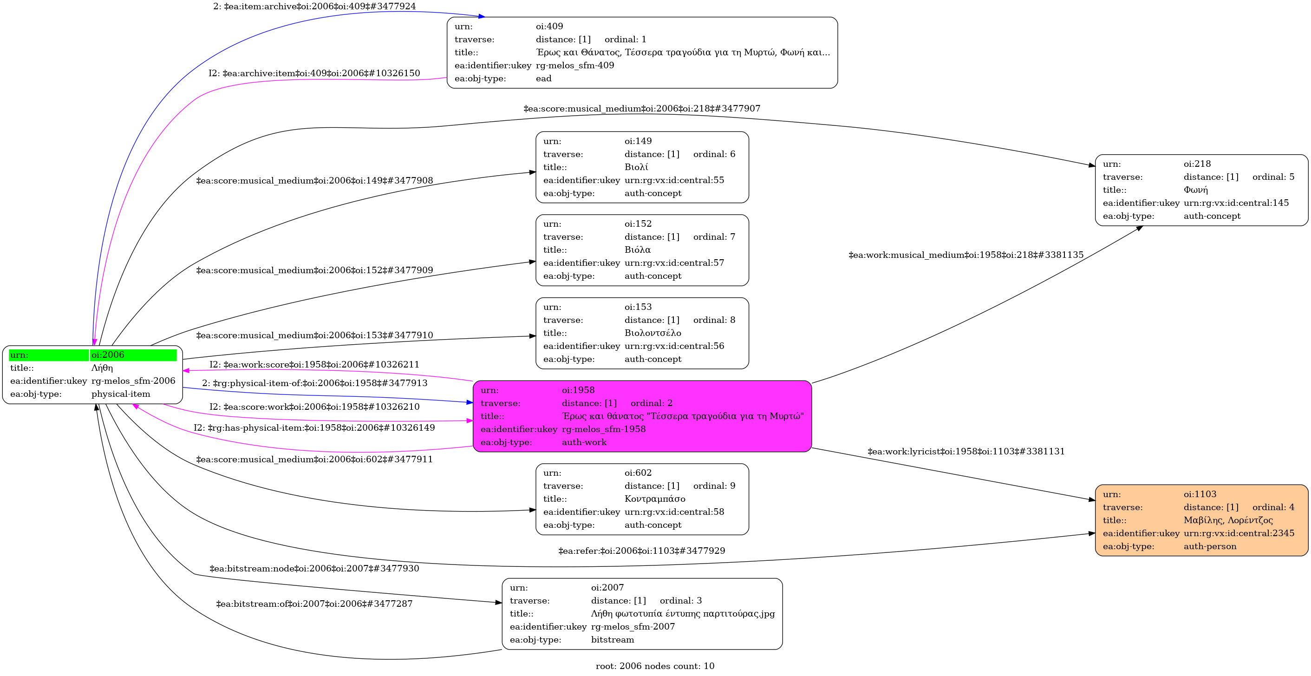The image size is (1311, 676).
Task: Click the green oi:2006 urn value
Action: coord(108,355)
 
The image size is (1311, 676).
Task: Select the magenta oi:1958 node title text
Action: coord(683,416)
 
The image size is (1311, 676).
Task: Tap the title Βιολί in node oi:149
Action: coord(636,167)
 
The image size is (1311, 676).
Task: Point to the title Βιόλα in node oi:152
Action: coord(637,250)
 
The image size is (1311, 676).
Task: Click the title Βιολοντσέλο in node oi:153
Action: coord(652,333)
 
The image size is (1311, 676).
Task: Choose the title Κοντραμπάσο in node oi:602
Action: coord(654,499)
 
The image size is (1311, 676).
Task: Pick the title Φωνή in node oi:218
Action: coord(1195,190)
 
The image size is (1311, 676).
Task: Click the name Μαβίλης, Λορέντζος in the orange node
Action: coord(1227,520)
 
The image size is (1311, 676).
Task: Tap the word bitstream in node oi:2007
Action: coord(612,640)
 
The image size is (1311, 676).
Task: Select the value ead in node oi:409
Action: coord(543,79)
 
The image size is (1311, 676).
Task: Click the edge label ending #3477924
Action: coord(314,7)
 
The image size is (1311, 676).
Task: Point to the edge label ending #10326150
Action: coord(314,73)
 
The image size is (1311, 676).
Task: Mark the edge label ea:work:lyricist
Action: coord(965,452)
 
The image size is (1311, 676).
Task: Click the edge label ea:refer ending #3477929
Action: coord(641,551)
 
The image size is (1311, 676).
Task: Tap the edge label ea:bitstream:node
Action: coord(314,569)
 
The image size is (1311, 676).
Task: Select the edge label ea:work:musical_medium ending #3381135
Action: coord(965,255)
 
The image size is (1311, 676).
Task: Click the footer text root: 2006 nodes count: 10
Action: coord(655,666)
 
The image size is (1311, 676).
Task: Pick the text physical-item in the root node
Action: coord(121,394)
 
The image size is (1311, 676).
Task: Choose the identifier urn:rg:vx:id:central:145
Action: coord(1236,203)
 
